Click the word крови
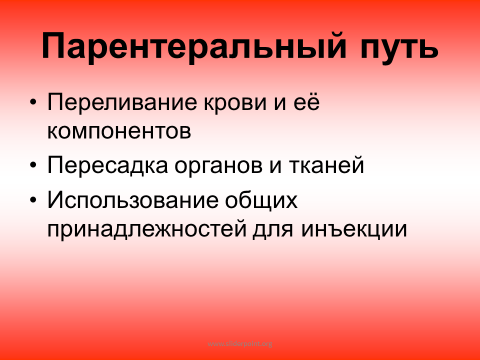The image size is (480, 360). (235, 104)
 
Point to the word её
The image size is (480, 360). (306, 102)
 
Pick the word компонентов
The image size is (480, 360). (119, 132)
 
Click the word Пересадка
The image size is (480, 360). (108, 165)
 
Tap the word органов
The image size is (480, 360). (218, 167)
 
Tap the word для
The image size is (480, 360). (273, 230)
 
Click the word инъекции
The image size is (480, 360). (354, 228)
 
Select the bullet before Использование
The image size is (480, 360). (33, 199)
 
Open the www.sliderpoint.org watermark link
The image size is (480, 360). (240, 344)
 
